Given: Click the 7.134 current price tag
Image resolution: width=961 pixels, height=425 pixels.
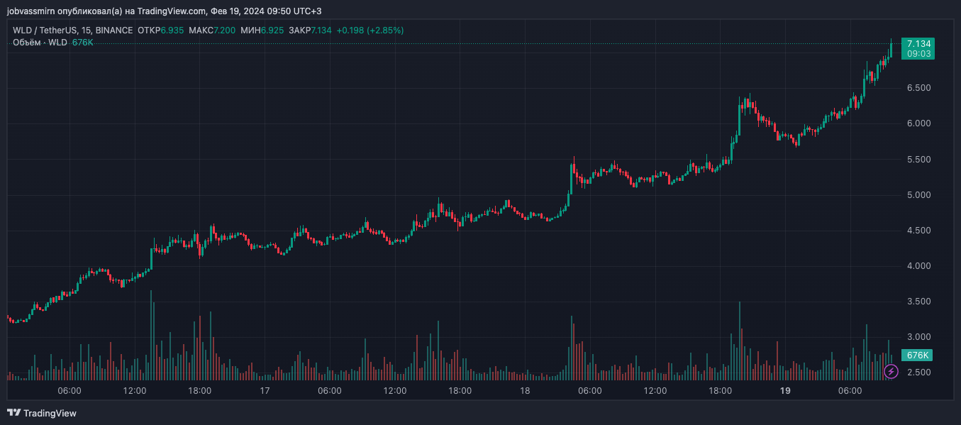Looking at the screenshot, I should click(x=918, y=43).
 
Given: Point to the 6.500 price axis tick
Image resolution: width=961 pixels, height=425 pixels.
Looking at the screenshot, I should click(x=918, y=88).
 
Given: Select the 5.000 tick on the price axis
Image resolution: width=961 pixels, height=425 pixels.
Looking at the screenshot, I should click(x=918, y=195).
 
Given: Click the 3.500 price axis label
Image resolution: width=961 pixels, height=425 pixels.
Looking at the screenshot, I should click(x=918, y=302).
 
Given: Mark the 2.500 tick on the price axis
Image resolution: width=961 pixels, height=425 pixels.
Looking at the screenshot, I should click(x=918, y=372).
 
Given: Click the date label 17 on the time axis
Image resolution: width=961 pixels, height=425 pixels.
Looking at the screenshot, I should click(x=265, y=391).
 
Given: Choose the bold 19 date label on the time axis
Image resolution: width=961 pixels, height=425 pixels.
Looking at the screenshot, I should click(x=785, y=391).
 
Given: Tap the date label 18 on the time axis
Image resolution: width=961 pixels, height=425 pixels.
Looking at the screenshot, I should click(x=525, y=391).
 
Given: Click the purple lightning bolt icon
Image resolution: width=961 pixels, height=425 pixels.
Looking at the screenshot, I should click(x=891, y=371).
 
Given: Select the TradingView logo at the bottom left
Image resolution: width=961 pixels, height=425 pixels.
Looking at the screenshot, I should click(x=42, y=413).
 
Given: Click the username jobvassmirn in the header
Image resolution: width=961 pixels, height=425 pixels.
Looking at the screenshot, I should click(x=31, y=11).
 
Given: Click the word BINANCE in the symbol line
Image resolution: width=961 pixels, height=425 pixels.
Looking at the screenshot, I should click(x=114, y=31).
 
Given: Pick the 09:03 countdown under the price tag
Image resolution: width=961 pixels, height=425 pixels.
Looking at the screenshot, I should click(x=918, y=53).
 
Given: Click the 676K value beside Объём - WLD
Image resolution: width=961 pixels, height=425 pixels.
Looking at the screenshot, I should click(x=83, y=43).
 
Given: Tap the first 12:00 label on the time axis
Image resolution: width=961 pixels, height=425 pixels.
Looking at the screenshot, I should click(x=135, y=391).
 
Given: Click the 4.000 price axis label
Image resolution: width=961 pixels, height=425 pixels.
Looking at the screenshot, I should click(x=918, y=266).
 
